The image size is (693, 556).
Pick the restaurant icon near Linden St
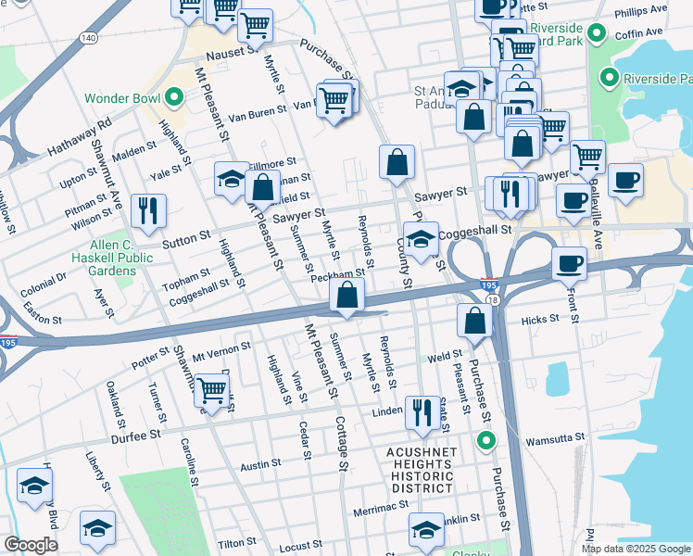point(422,412)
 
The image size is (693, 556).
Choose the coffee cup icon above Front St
point(569,263)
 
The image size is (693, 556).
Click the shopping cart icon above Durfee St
point(212,389)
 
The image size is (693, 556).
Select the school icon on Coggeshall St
point(421,239)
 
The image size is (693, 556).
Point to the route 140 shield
point(88,38)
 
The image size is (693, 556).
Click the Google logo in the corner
point(30,545)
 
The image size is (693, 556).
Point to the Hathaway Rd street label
point(79,134)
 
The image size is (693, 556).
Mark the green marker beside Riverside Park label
point(610,78)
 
